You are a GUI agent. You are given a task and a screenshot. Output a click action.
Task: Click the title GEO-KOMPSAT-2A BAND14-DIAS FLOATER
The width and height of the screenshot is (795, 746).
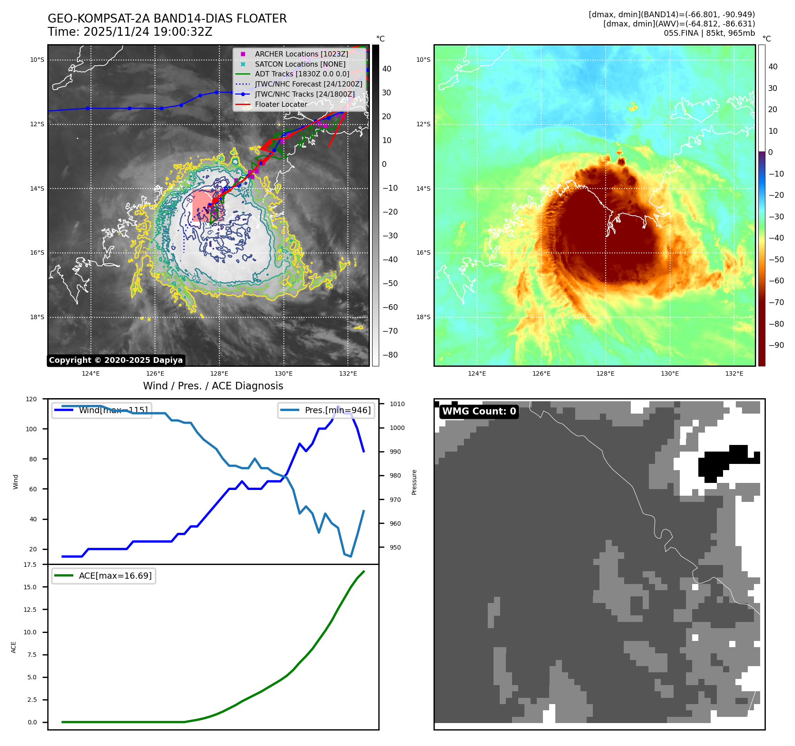click(x=167, y=19)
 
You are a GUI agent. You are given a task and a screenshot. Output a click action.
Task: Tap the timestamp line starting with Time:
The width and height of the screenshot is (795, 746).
click(x=130, y=32)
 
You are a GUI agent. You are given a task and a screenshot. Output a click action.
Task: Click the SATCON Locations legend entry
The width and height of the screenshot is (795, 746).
click(x=300, y=64)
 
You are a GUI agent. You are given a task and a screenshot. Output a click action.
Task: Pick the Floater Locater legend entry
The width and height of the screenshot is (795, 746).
click(x=281, y=105)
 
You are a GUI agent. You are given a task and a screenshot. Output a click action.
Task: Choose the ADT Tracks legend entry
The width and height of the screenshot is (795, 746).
click(x=302, y=74)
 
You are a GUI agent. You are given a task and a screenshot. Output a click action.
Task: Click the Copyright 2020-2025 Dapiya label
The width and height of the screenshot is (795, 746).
click(x=116, y=360)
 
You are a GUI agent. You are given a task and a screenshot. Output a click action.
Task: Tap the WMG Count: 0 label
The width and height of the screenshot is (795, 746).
click(x=479, y=411)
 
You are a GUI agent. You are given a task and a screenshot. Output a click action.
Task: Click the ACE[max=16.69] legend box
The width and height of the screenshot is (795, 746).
click(x=104, y=576)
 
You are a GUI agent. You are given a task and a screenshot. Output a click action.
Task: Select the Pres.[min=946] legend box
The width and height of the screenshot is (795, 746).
click(x=326, y=410)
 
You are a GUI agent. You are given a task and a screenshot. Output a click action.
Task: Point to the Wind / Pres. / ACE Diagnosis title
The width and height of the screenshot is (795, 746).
click(x=213, y=386)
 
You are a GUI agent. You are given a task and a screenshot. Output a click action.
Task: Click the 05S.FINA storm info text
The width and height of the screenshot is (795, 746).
click(x=709, y=33)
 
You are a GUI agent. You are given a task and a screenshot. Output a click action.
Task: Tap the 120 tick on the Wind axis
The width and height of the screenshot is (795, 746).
click(x=31, y=399)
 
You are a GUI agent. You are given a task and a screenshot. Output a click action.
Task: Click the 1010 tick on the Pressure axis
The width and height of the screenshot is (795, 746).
click(x=397, y=404)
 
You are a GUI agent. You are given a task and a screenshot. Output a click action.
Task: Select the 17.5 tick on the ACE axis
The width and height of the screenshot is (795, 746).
click(x=30, y=565)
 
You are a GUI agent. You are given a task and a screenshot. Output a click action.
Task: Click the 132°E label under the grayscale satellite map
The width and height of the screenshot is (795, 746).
click(x=348, y=374)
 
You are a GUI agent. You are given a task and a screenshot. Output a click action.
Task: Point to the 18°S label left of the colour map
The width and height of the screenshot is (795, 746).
click(x=423, y=317)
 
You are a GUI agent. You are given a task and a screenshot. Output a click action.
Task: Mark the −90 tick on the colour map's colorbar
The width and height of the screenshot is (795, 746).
click(x=776, y=345)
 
